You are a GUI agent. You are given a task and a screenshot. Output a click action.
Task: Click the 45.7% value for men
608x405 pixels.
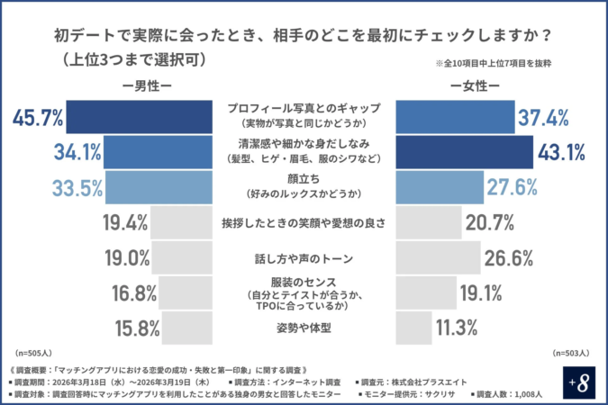[x=38, y=116]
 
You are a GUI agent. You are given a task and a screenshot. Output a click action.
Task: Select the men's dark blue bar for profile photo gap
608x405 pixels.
[x=139, y=116]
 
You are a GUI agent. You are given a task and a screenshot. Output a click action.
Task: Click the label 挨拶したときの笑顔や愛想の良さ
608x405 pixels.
[x=304, y=222]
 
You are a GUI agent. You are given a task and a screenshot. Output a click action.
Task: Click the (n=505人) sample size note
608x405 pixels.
[x=34, y=353]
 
